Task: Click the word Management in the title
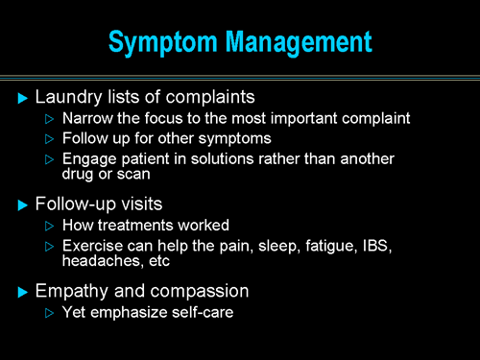click(302, 43)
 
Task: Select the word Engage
click(87, 160)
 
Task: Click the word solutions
click(232, 160)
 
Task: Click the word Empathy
click(70, 290)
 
